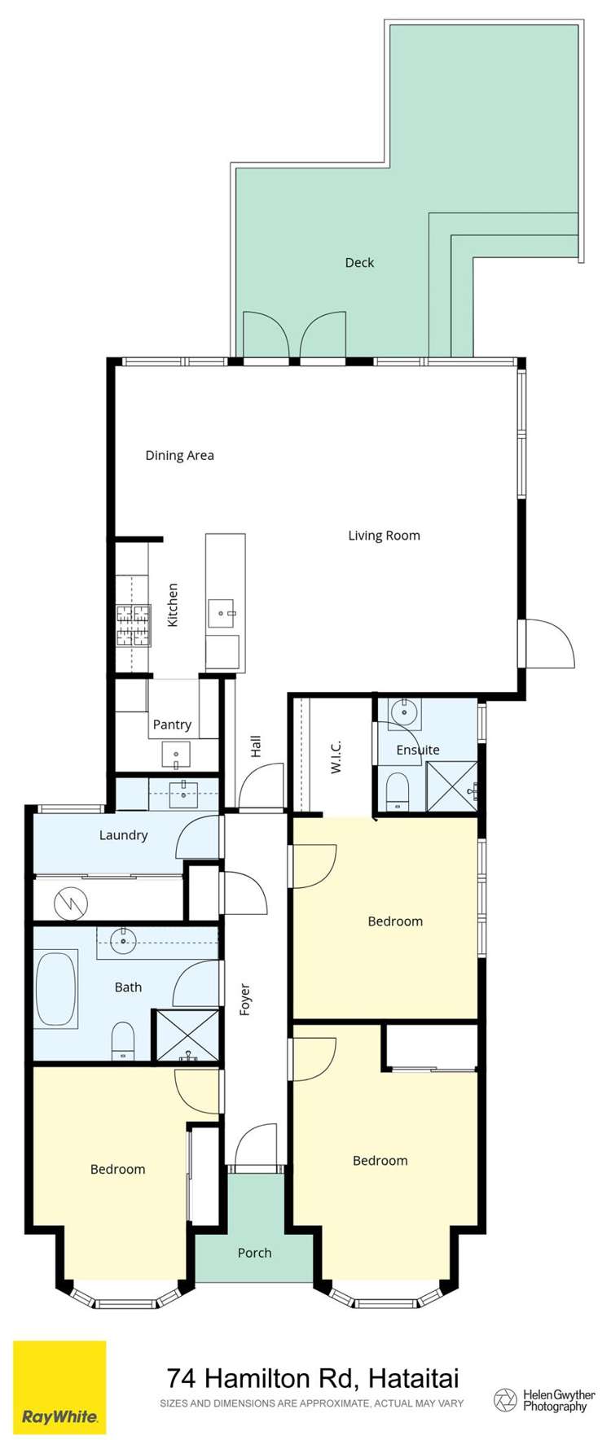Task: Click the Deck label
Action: coord(359,262)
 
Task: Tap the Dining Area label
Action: coord(179,455)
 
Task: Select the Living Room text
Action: coord(384,536)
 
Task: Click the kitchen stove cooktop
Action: coord(133,625)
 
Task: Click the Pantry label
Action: coord(172,724)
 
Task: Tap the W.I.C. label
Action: coord(336,756)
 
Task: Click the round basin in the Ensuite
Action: coord(403,711)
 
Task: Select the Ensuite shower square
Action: coord(451,786)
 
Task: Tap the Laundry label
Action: coord(123,835)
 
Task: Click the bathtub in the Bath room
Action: coord(55,988)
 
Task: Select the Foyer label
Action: coord(244,1000)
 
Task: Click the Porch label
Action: coord(254,1253)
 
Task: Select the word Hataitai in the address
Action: coord(413,1378)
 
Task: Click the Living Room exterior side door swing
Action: coord(549,643)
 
